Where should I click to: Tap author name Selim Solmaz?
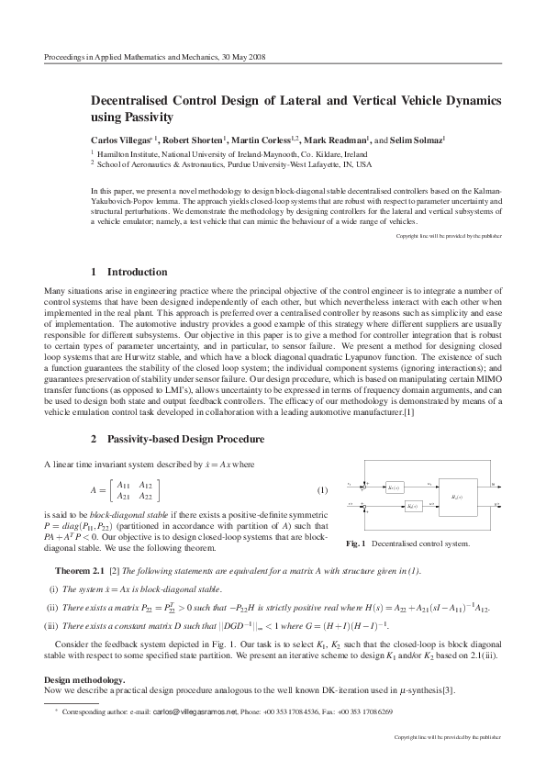click(x=418, y=140)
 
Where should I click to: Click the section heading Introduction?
click(x=137, y=272)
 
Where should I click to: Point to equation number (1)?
click(x=322, y=488)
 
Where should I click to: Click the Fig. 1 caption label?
click(x=356, y=544)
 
